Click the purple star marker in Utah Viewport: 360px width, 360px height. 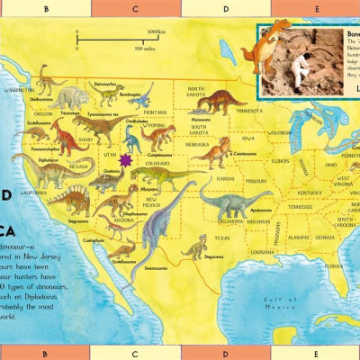point(125,159)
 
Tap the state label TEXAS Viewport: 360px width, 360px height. point(221,238)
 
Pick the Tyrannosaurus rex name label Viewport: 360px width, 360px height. point(106,115)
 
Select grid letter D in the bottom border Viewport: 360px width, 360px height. point(225,352)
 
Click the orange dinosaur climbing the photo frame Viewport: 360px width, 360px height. point(266,45)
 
